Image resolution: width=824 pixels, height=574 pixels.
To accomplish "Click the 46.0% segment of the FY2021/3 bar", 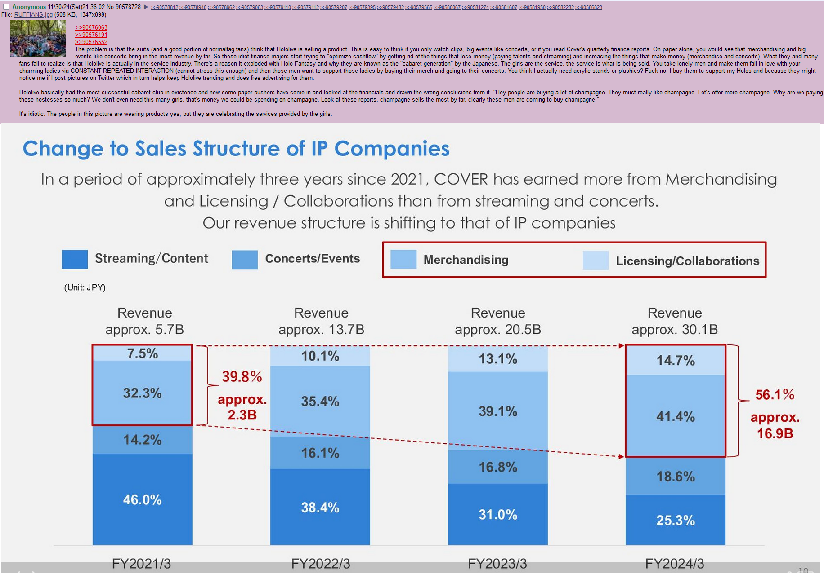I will click(x=142, y=499).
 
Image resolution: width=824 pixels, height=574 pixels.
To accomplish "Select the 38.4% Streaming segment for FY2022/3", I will click(x=320, y=508).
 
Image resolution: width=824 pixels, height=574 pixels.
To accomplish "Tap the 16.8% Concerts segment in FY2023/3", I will click(x=497, y=467).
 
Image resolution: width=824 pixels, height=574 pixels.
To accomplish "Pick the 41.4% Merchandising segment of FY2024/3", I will click(x=675, y=416).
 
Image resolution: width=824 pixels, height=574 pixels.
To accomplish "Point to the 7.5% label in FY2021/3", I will click(x=142, y=353).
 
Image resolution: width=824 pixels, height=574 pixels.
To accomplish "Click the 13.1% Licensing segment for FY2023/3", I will click(x=497, y=359).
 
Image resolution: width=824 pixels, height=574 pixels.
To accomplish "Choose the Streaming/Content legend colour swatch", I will click(x=75, y=260).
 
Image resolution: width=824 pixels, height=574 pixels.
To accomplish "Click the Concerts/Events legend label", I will click(x=312, y=259).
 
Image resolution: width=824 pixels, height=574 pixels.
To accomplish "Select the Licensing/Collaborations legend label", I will click(x=687, y=261).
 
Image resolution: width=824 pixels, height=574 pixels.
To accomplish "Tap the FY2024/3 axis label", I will click(x=674, y=564).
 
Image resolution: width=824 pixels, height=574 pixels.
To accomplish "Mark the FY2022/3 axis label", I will click(x=320, y=564).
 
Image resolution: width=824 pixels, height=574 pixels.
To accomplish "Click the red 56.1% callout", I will click(x=775, y=395).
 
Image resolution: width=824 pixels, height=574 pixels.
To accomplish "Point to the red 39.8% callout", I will click(x=242, y=376).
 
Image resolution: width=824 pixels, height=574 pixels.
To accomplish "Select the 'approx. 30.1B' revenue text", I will click(x=674, y=330).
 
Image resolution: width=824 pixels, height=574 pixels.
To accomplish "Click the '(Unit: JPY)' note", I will click(x=85, y=287).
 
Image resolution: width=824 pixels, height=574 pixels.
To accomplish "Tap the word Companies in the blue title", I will click(x=392, y=149).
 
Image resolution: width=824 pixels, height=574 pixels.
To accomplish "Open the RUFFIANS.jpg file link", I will click(x=33, y=15).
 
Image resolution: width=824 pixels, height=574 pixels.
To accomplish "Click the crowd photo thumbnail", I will click(x=38, y=38).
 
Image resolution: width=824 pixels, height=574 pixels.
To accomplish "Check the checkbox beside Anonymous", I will click(x=6, y=7).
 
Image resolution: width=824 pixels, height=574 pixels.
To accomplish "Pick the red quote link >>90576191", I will click(x=91, y=35).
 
